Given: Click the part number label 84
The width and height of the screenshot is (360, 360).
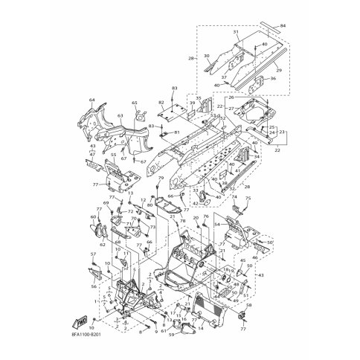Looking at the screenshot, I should click(x=283, y=26).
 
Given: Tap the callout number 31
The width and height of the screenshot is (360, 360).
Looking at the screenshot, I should click(x=236, y=33).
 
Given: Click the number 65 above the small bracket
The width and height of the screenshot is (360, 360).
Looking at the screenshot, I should click(x=135, y=103).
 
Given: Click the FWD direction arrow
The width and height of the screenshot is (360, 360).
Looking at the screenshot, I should click(x=77, y=320).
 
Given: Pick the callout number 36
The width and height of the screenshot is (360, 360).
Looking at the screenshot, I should click(x=273, y=79).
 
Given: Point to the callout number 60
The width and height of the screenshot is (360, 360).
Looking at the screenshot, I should click(x=94, y=217).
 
